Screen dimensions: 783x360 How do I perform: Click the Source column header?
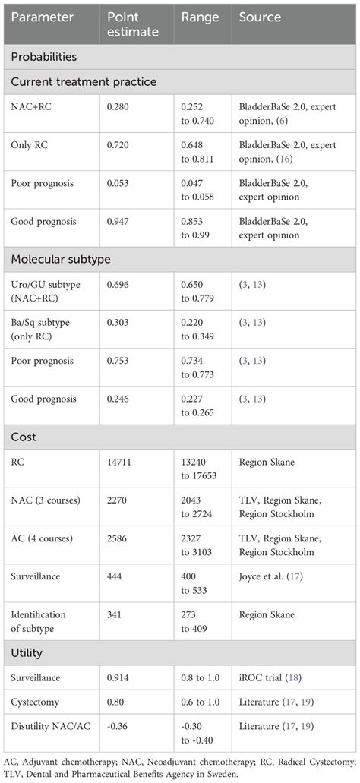260,17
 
